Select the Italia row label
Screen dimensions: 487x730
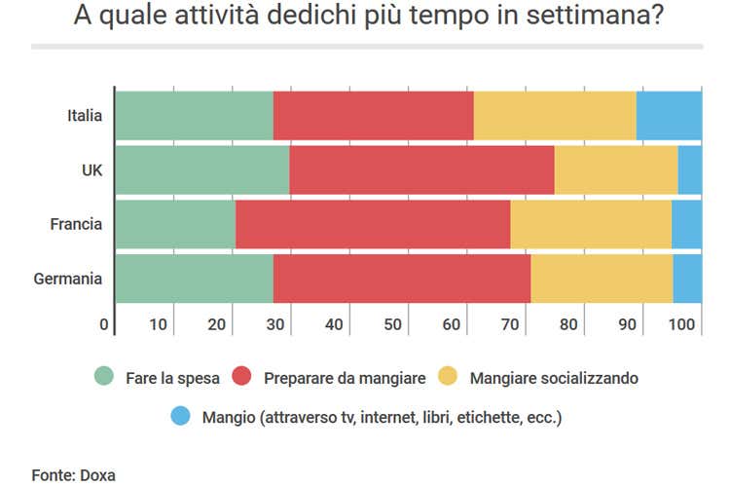(84, 116)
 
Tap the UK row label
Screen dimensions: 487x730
(91, 169)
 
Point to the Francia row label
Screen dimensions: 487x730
(76, 224)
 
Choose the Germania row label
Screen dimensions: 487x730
(68, 279)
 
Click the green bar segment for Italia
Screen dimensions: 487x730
(195, 116)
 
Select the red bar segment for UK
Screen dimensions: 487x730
(421, 169)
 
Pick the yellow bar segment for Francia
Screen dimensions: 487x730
(591, 224)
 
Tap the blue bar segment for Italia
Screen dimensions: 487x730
(669, 116)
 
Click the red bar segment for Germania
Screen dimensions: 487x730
(402, 279)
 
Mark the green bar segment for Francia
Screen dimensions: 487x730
(176, 224)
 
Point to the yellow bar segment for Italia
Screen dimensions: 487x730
(555, 116)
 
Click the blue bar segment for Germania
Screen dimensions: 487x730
(687, 279)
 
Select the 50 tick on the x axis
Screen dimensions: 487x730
(393, 324)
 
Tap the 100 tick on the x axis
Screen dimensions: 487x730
(684, 324)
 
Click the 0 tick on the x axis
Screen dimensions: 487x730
(104, 324)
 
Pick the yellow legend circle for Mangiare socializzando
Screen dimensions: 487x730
(448, 377)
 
